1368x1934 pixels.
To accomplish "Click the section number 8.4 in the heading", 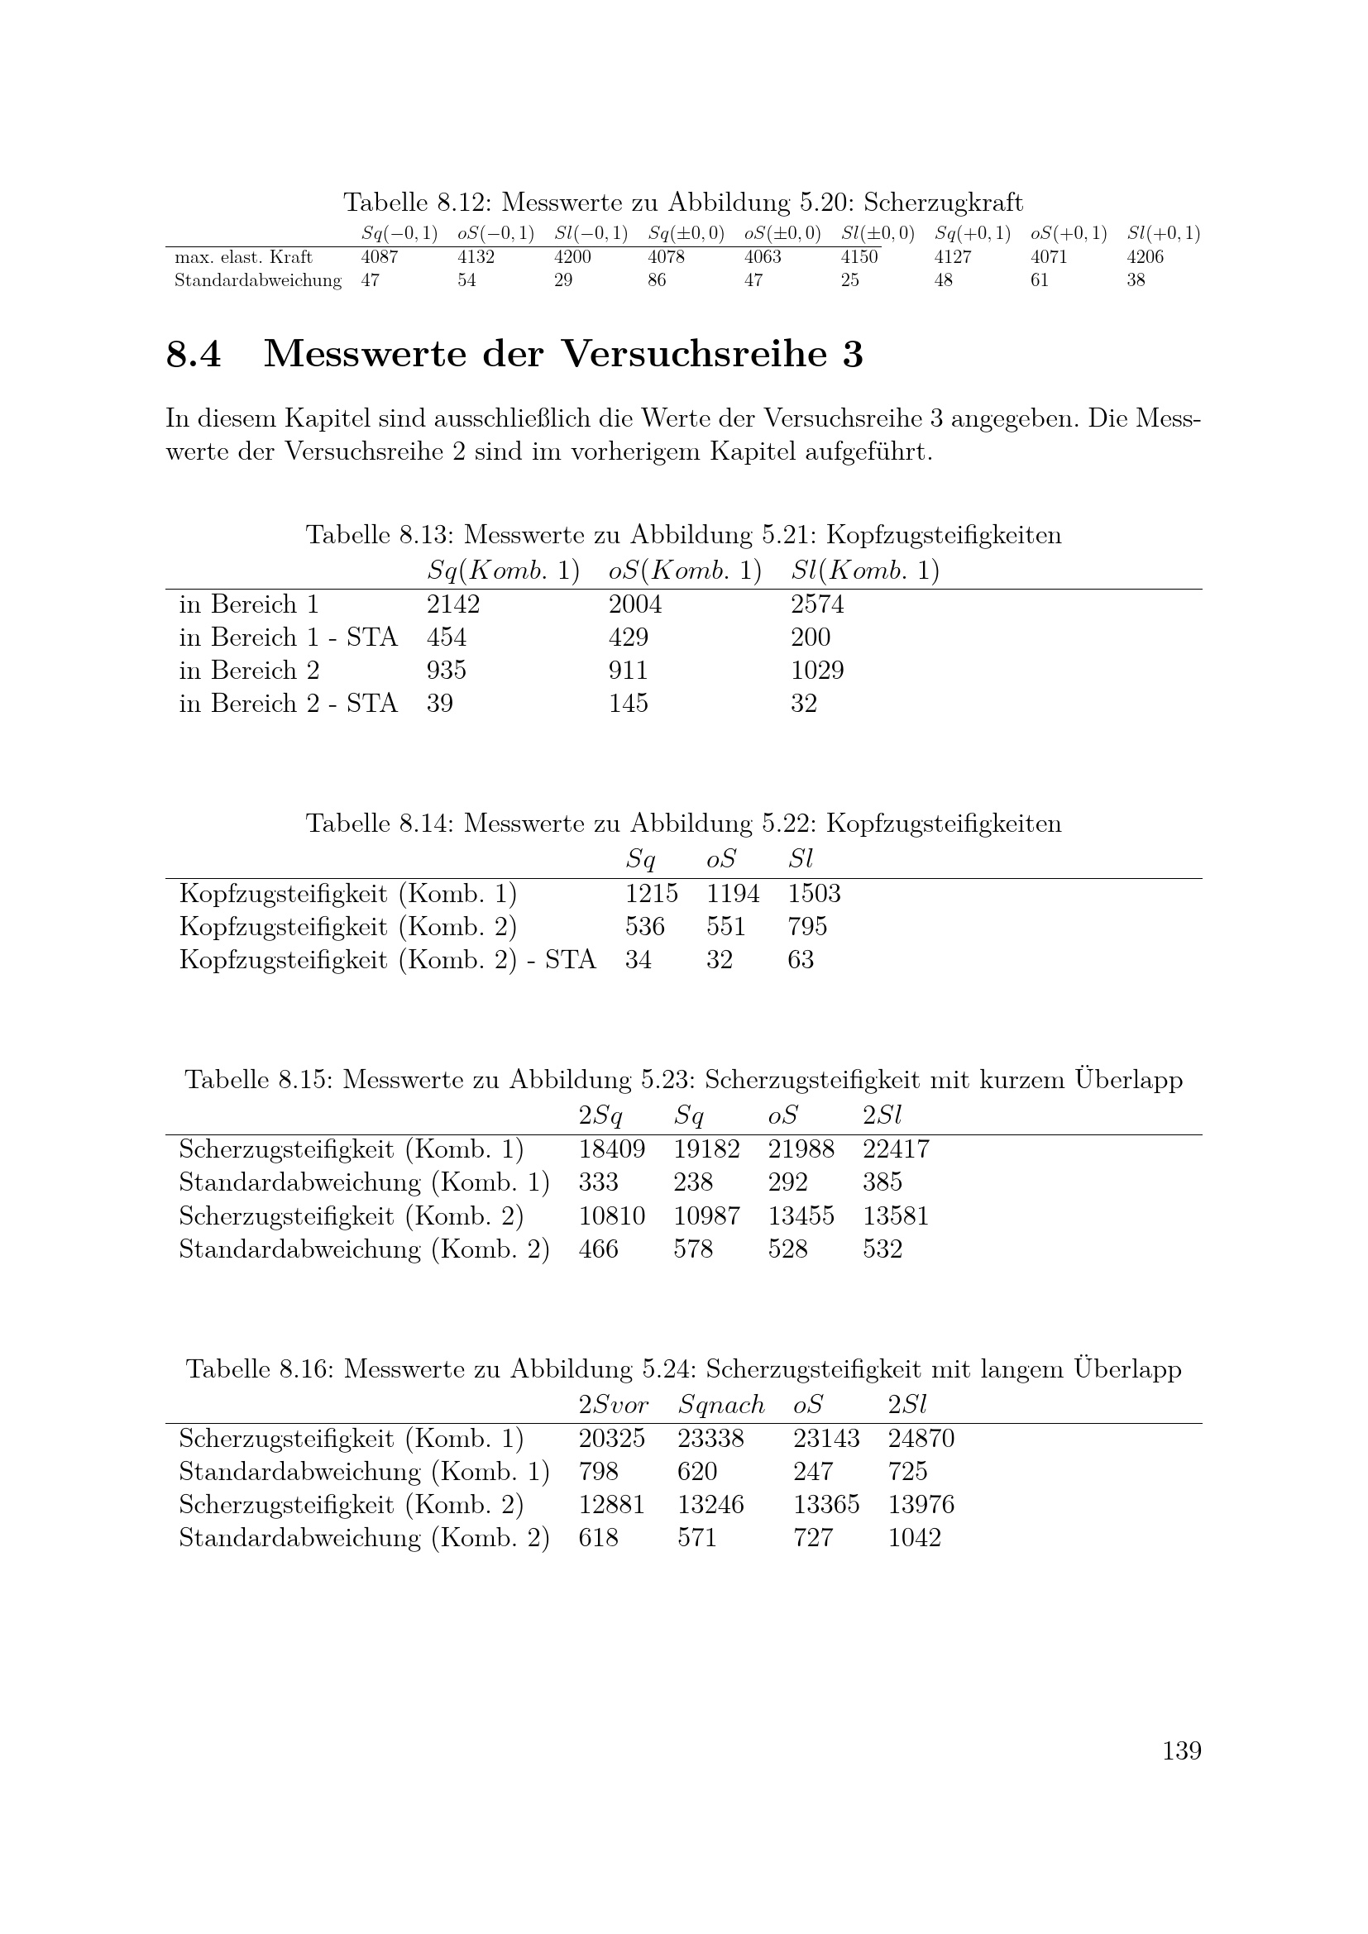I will [194, 354].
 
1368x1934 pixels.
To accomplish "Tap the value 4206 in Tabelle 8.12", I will [1145, 257].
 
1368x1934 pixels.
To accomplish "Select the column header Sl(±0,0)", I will [878, 233].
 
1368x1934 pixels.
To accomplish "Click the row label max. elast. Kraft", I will [243, 257].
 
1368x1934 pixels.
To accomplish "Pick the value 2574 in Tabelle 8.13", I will [817, 604].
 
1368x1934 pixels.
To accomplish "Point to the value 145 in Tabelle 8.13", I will [629, 704].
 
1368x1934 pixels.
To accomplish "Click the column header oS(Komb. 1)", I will [685, 571].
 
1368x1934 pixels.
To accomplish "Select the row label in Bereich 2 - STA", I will [288, 704].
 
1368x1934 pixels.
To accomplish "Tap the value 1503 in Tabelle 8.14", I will [814, 894].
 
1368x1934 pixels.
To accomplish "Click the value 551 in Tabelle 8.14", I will [726, 927].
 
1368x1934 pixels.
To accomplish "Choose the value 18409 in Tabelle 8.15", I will [611, 1150].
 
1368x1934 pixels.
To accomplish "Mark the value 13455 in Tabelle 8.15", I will [801, 1216].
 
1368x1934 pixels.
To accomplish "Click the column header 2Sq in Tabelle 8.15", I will [600, 1116].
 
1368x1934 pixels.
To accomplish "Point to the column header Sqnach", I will [721, 1405].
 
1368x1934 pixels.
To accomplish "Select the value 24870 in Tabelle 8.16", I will [921, 1439].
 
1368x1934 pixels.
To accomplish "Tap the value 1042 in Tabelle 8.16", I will [914, 1538].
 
